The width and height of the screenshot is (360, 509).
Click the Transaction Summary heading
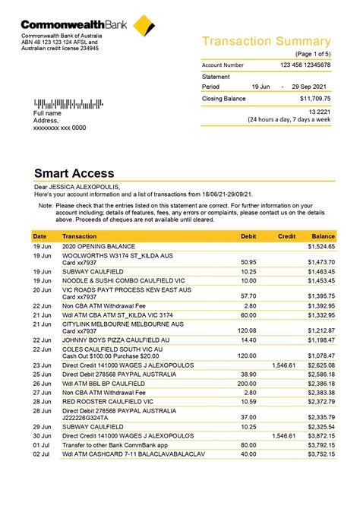pos(266,42)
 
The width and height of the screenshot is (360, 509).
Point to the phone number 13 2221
pos(318,112)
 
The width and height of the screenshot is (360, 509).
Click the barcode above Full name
pos(65,103)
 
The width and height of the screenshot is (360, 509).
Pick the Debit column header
pos(248,236)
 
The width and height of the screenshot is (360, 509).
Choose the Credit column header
pos(286,236)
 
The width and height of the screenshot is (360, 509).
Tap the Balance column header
pos(323,236)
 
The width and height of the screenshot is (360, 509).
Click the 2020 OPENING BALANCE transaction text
pos(98,247)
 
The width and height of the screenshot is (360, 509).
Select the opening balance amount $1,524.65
pos(321,247)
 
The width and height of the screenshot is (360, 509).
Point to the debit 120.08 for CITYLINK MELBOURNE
pos(247,330)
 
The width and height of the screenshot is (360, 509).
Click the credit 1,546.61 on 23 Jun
pos(283,365)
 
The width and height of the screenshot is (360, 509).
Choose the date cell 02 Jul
pos(41,454)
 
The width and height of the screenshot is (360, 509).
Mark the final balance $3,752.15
pos(321,454)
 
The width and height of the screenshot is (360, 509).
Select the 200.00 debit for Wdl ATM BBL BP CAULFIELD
pos(247,384)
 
